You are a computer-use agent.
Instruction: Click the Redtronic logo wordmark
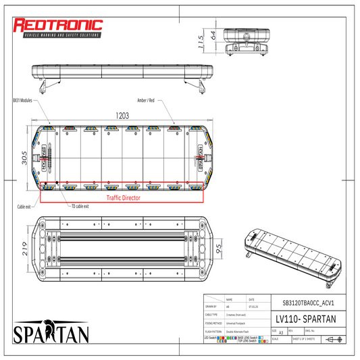(x=59, y=26)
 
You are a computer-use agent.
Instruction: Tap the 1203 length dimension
(x=122, y=115)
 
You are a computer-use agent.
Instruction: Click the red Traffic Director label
(x=122, y=199)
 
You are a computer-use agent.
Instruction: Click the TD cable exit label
(x=82, y=206)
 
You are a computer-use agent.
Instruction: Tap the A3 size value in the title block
(x=281, y=334)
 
